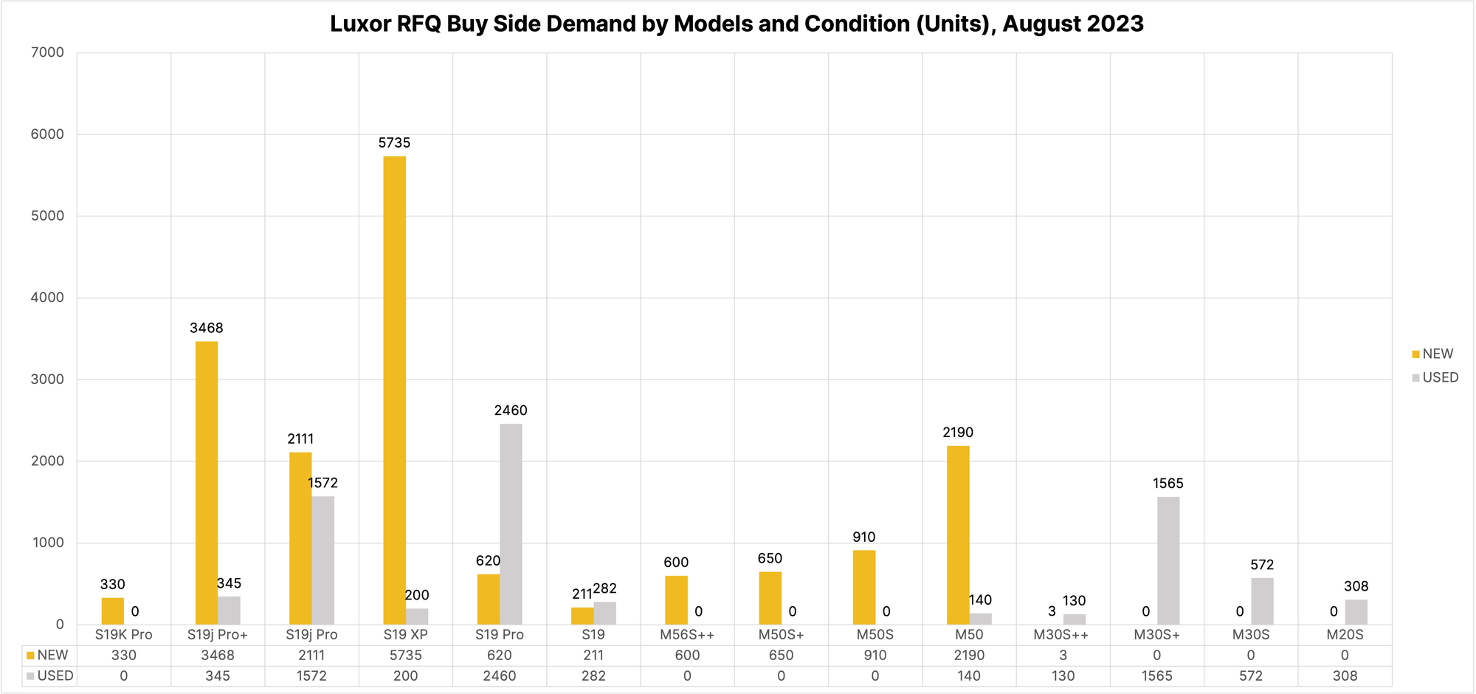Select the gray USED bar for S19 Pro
(511, 524)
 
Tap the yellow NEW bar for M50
(958, 535)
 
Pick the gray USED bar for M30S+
(1168, 561)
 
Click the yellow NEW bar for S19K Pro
(112, 611)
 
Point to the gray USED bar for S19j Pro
(323, 560)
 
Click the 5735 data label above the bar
(394, 143)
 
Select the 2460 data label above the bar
(511, 410)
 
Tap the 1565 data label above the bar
(1168, 484)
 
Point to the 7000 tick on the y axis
(49, 52)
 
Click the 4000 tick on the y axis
(49, 298)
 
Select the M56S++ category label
(687, 635)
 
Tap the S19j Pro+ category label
(218, 635)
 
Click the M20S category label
(1345, 635)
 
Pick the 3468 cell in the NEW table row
(218, 656)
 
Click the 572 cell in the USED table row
(1251, 676)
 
